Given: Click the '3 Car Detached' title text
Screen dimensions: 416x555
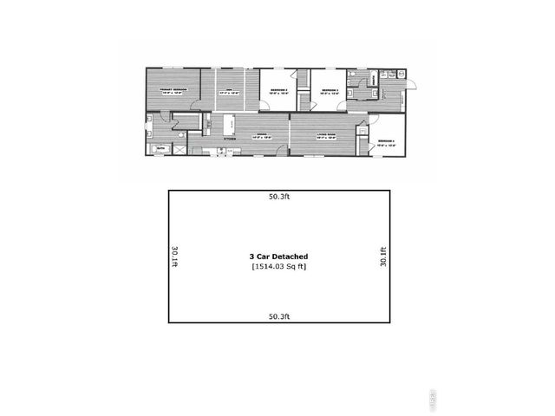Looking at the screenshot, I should [x=277, y=257].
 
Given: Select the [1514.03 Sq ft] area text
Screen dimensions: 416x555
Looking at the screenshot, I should [x=277, y=267].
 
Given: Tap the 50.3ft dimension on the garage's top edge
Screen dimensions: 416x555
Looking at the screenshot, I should [x=277, y=197].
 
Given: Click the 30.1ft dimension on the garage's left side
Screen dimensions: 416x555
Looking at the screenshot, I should [x=175, y=257].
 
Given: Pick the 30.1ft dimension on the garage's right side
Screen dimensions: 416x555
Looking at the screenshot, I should [x=382, y=257].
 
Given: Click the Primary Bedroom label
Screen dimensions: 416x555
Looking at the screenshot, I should [x=173, y=89].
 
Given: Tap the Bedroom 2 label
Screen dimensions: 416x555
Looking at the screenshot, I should [x=277, y=90].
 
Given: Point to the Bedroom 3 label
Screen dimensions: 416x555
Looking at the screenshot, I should [x=327, y=90].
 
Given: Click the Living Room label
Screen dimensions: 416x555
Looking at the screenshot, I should [x=326, y=135].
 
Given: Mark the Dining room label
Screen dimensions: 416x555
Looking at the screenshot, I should [x=263, y=135].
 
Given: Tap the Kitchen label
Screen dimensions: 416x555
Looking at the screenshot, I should [x=231, y=138].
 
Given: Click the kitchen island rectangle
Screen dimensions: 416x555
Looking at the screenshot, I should [x=230, y=124].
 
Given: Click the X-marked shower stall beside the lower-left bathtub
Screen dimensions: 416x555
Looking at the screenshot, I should [x=180, y=149].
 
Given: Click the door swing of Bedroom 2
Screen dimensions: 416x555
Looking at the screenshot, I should [x=264, y=104].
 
